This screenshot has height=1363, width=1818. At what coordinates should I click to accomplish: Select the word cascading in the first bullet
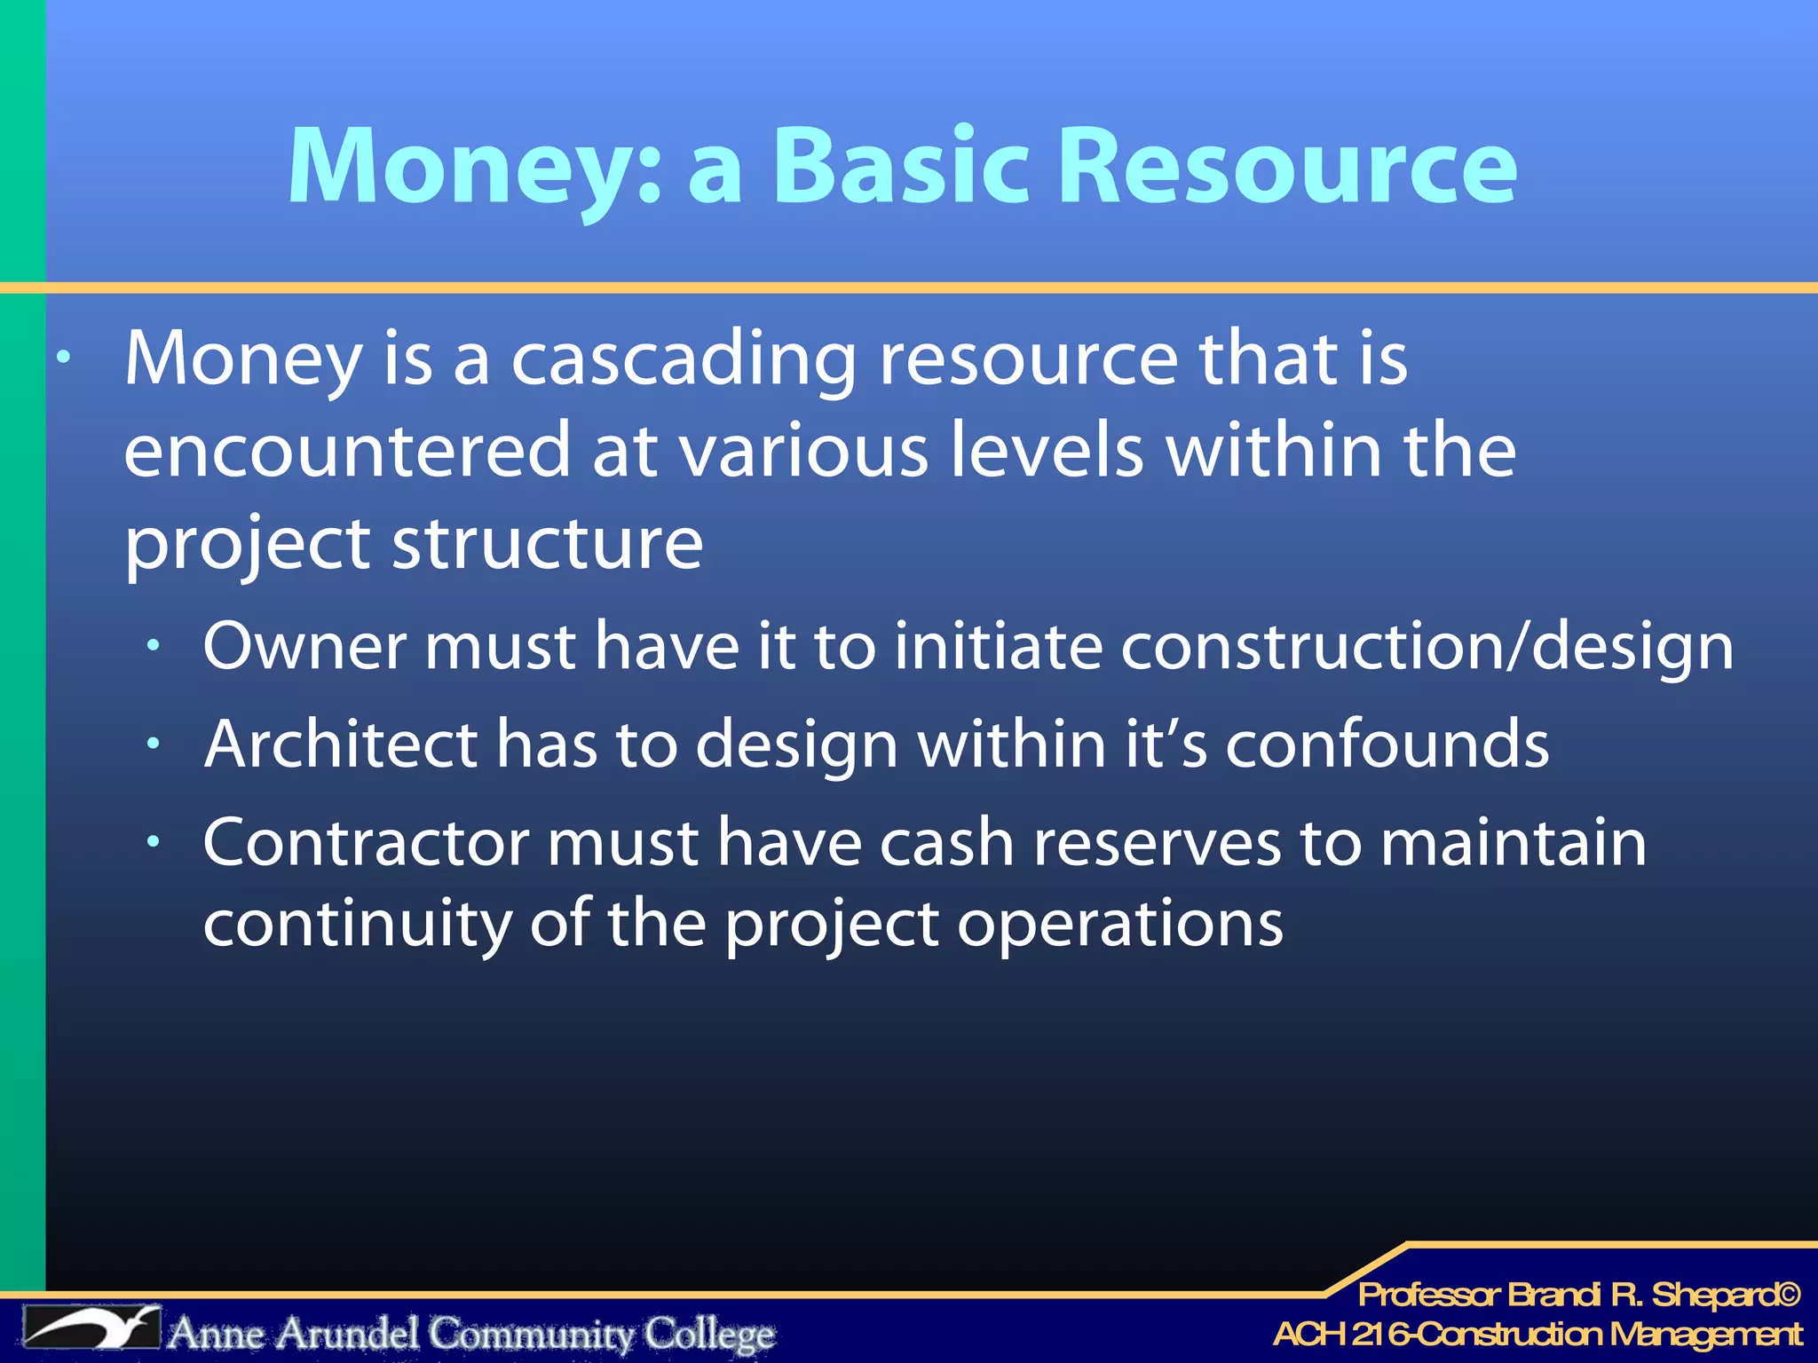[x=684, y=359]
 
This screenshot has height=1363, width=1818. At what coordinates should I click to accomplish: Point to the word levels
[x=1047, y=451]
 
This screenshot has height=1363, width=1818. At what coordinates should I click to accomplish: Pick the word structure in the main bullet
[x=548, y=543]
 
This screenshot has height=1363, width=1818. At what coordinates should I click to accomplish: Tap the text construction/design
[x=1427, y=648]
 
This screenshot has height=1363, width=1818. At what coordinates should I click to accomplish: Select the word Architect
[x=341, y=744]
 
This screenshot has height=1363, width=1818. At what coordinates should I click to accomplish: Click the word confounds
[x=1387, y=744]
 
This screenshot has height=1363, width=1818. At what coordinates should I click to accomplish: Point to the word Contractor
[x=366, y=842]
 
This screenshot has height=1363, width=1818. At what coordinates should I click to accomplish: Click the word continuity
[x=357, y=924]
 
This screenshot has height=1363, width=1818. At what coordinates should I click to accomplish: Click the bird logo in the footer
[x=92, y=1328]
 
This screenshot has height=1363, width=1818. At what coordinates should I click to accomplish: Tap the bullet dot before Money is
[x=63, y=358]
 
